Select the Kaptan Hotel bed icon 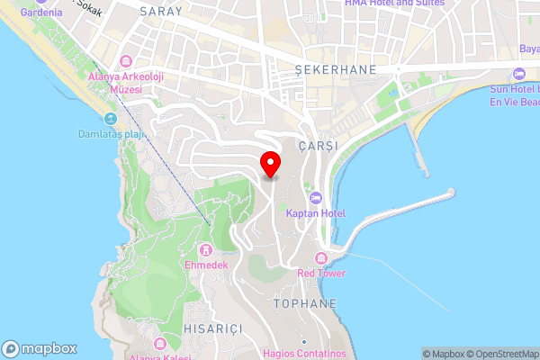pos(314,198)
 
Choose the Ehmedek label pos(206,265)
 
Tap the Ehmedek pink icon pos(206,249)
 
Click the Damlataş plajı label pos(111,135)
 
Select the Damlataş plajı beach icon pos(111,119)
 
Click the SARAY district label pos(161,12)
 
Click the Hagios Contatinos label pos(304,354)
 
